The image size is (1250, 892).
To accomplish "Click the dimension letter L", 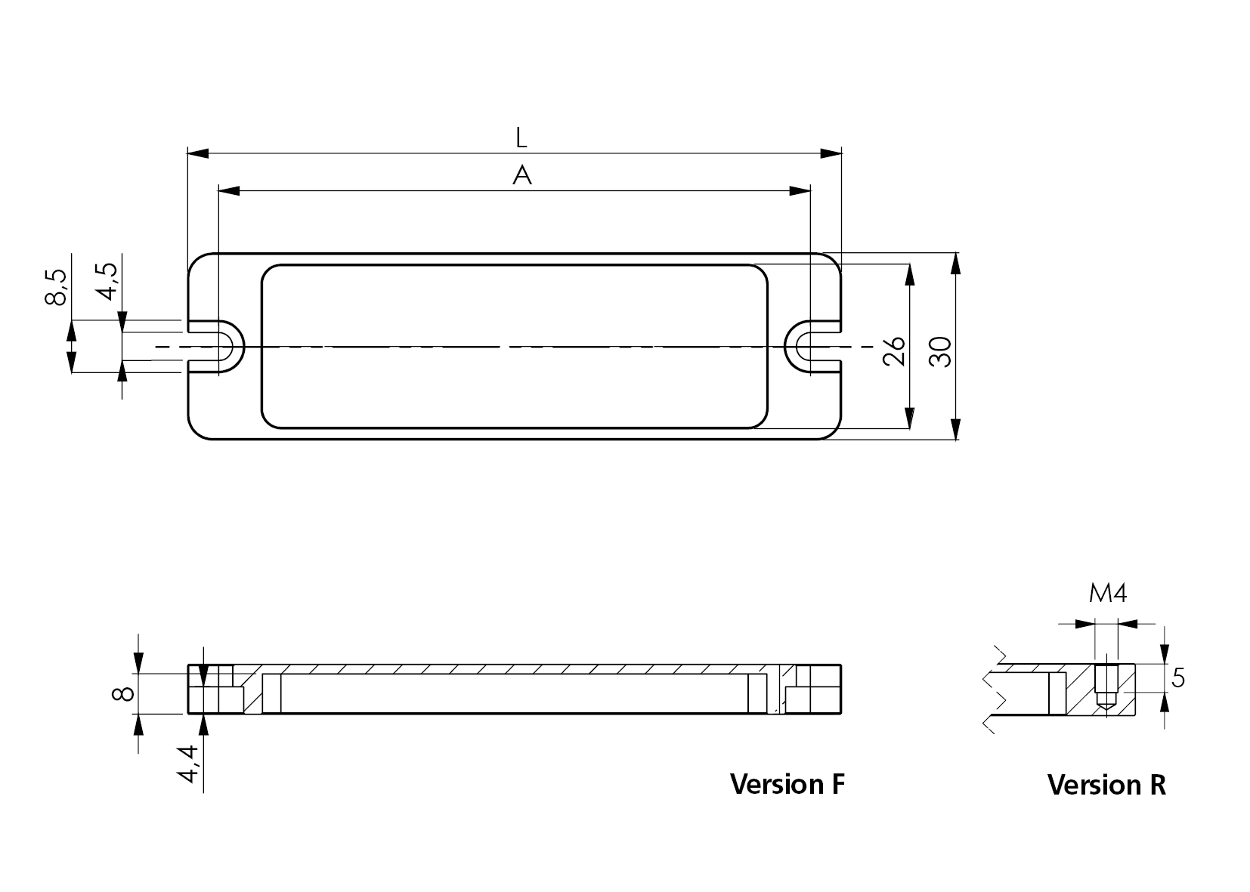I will point(521,137).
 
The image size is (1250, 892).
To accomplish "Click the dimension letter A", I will point(521,176).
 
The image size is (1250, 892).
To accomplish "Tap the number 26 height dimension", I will point(894,350).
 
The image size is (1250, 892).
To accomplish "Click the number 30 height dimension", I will point(939,352).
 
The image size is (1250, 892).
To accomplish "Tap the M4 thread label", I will point(1107,594).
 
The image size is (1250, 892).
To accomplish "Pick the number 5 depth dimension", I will point(1178,679).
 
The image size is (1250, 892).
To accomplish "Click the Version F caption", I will point(787,784).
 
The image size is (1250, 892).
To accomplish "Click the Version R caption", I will point(1106,786).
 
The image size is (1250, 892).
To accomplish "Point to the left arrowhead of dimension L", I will point(197,153).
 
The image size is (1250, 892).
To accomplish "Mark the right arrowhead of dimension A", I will point(800,191).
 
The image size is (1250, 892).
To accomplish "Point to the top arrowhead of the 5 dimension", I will point(1165,654).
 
